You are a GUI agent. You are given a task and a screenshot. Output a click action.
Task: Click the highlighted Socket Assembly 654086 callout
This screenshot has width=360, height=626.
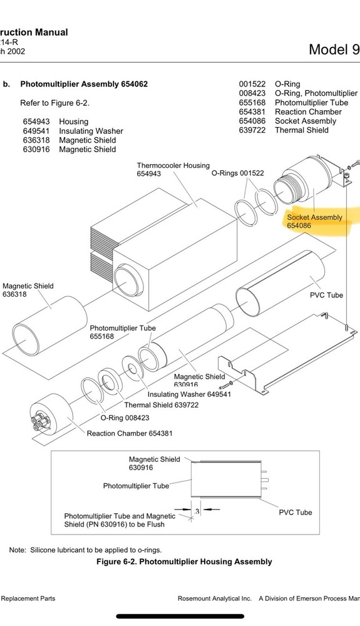tap(315, 221)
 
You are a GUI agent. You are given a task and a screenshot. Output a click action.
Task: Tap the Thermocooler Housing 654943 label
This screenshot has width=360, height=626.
tap(173, 170)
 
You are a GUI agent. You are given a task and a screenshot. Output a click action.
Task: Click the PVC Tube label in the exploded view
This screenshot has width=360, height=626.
tap(327, 295)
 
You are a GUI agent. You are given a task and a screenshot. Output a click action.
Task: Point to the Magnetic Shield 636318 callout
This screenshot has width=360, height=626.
tap(28, 290)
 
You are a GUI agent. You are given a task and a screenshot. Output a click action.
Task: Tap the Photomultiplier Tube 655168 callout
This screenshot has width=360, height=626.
tap(123, 332)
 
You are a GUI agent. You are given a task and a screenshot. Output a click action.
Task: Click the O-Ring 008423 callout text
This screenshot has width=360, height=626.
tap(125, 418)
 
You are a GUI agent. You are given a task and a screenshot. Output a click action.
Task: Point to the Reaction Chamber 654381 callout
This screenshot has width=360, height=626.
tap(130, 433)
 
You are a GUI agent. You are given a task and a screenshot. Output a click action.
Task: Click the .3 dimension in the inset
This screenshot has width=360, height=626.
tap(197, 511)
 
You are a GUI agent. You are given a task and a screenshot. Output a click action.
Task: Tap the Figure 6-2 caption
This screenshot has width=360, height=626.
tap(184, 562)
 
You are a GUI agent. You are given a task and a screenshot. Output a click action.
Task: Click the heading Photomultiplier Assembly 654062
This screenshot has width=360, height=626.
tap(84, 84)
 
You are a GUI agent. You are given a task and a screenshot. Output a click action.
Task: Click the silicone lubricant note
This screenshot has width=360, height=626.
tap(85, 550)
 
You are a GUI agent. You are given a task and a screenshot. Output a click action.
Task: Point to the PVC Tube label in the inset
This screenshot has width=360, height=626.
tap(295, 512)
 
